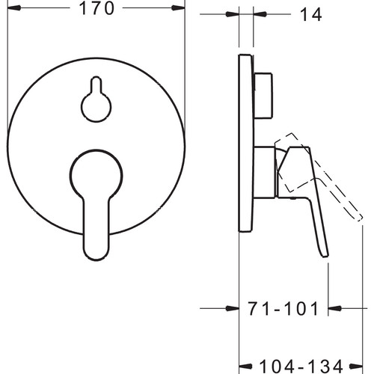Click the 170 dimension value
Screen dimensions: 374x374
tap(96, 8)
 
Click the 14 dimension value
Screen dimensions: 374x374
tap(311, 14)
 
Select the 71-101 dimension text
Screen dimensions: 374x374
tap(283, 308)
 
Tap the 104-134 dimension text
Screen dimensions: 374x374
tap(301, 367)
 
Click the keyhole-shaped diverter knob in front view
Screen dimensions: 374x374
tap(96, 99)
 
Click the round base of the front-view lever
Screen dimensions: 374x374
tap(96, 175)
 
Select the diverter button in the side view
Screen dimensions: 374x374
tap(263, 96)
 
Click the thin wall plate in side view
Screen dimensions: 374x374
tap(246, 144)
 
